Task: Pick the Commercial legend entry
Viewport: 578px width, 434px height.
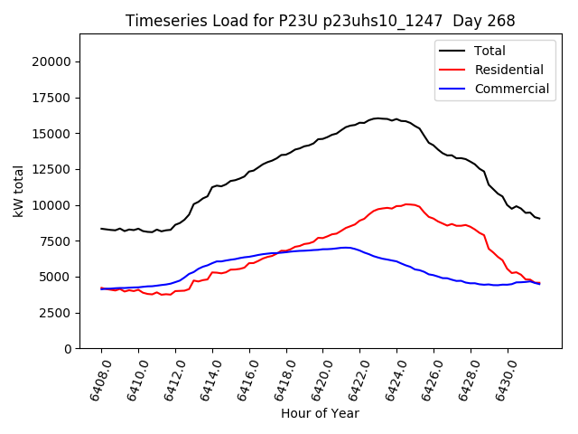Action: click(x=511, y=89)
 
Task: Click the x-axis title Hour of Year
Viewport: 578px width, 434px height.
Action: click(x=320, y=413)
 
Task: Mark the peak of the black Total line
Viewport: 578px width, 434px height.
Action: click(x=378, y=118)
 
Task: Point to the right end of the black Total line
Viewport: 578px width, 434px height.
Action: click(x=540, y=218)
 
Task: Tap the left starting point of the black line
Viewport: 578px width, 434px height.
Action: click(x=101, y=229)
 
